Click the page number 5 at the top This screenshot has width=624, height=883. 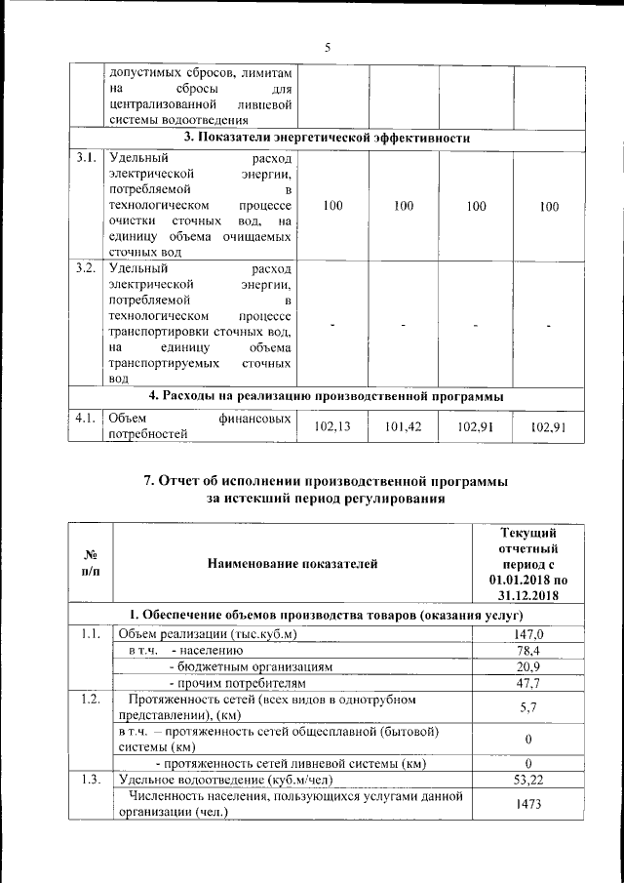tap(328, 46)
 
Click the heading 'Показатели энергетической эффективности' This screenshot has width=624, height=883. tap(328, 139)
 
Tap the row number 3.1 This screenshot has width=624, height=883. tap(86, 158)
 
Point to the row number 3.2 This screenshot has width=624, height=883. tap(86, 268)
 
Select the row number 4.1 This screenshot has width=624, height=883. tap(86, 419)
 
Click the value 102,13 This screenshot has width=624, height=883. tap(333, 426)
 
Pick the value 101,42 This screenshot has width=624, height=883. tap(404, 426)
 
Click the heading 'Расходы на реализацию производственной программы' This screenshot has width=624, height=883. tap(328, 397)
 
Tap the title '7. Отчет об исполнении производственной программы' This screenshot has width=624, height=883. tap(326, 481)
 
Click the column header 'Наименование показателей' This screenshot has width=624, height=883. tap(292, 563)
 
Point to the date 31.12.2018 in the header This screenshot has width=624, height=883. tap(527, 595)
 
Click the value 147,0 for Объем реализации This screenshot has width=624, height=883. tap(527, 634)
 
